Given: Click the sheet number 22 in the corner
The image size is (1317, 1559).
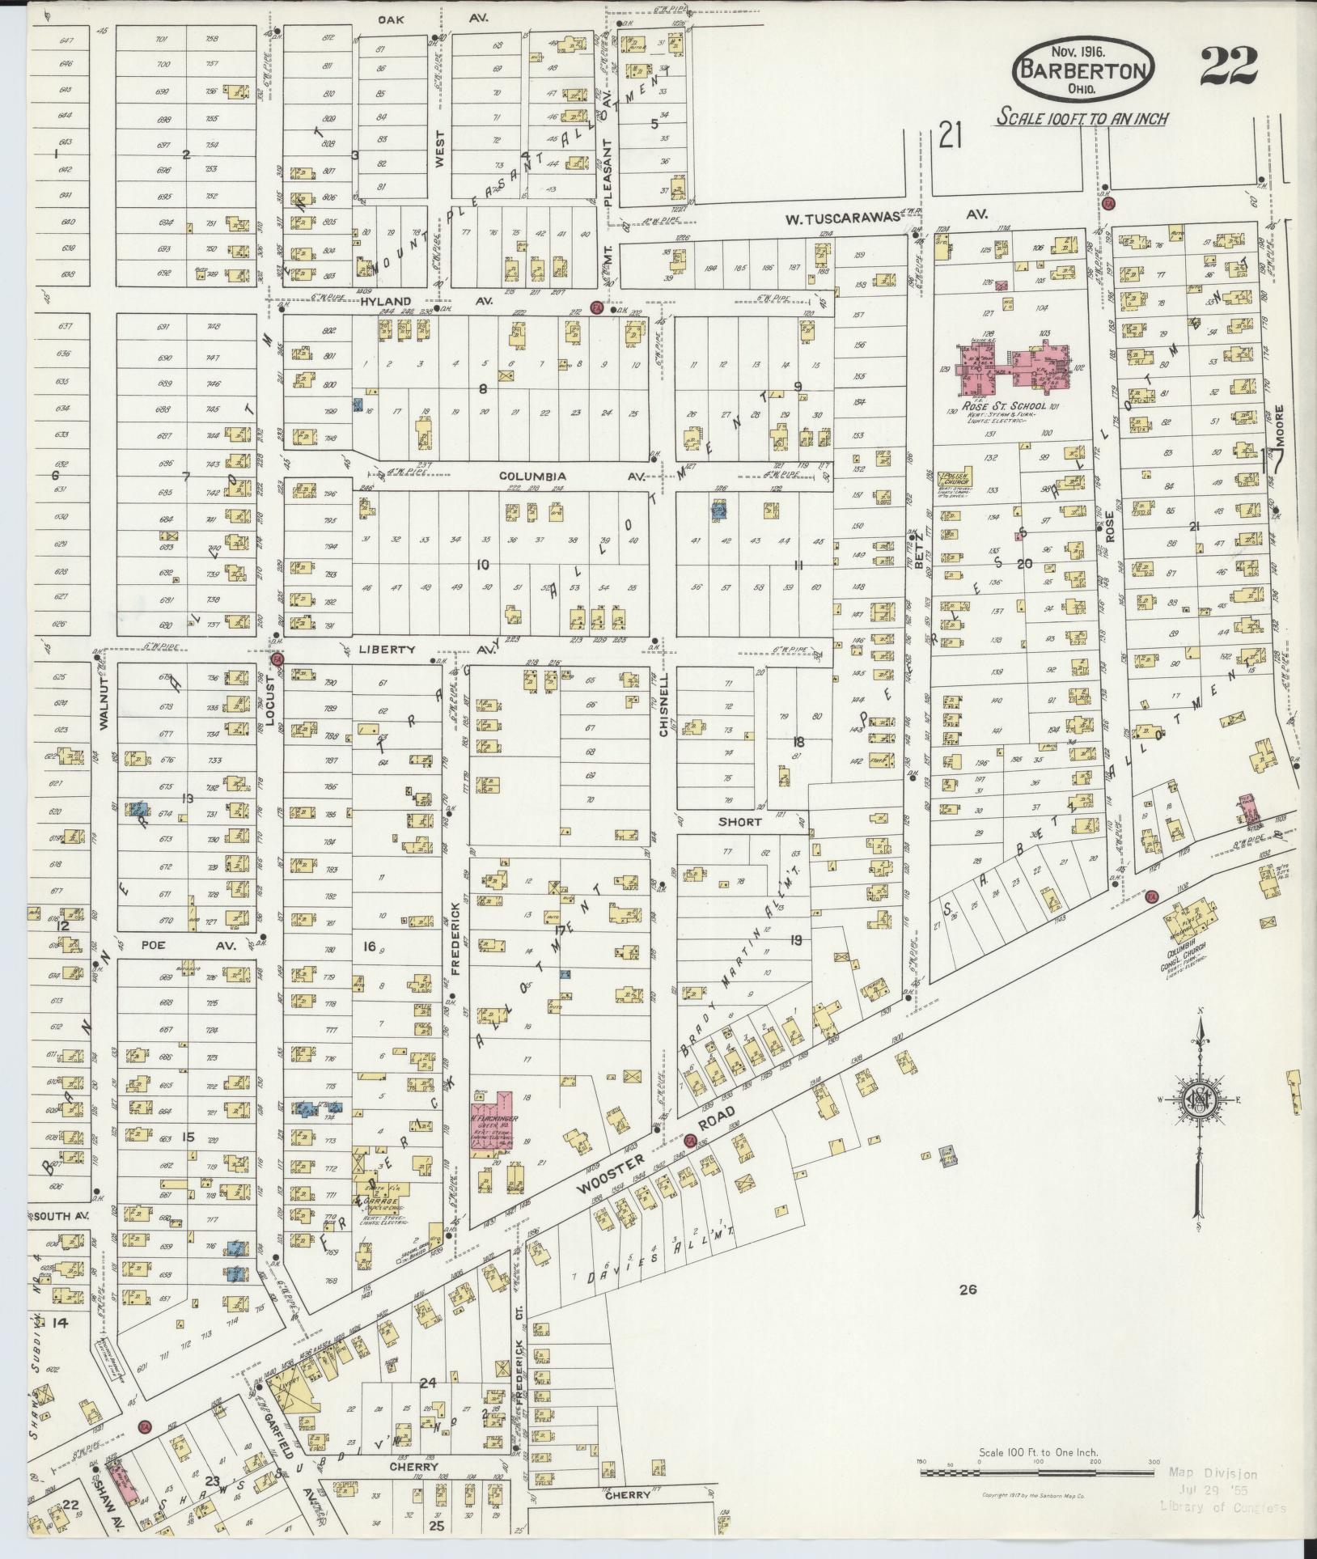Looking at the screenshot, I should [x=1228, y=66].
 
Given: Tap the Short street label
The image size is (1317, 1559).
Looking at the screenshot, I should [x=739, y=822].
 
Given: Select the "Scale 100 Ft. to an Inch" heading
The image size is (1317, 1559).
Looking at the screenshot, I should [x=1082, y=117].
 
